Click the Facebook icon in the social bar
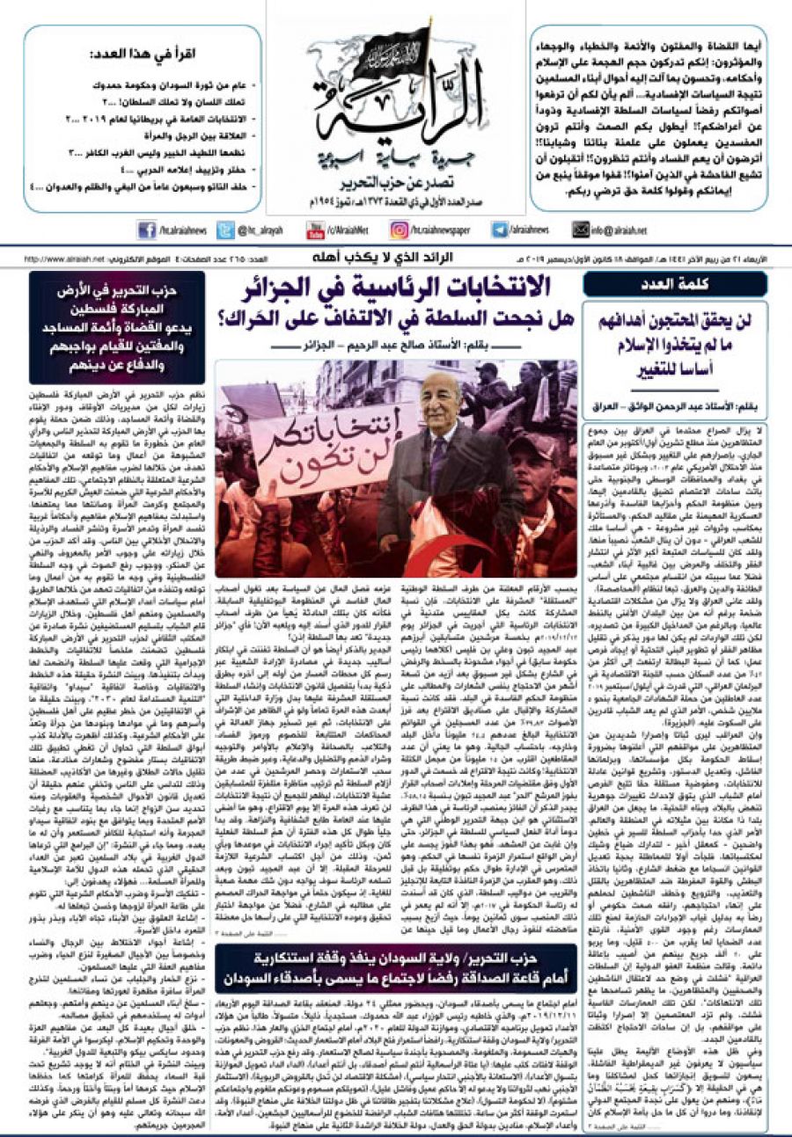click(x=146, y=230)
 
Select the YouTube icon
click(x=315, y=230)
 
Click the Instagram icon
click(x=401, y=230)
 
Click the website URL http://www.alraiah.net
click(x=62, y=259)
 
